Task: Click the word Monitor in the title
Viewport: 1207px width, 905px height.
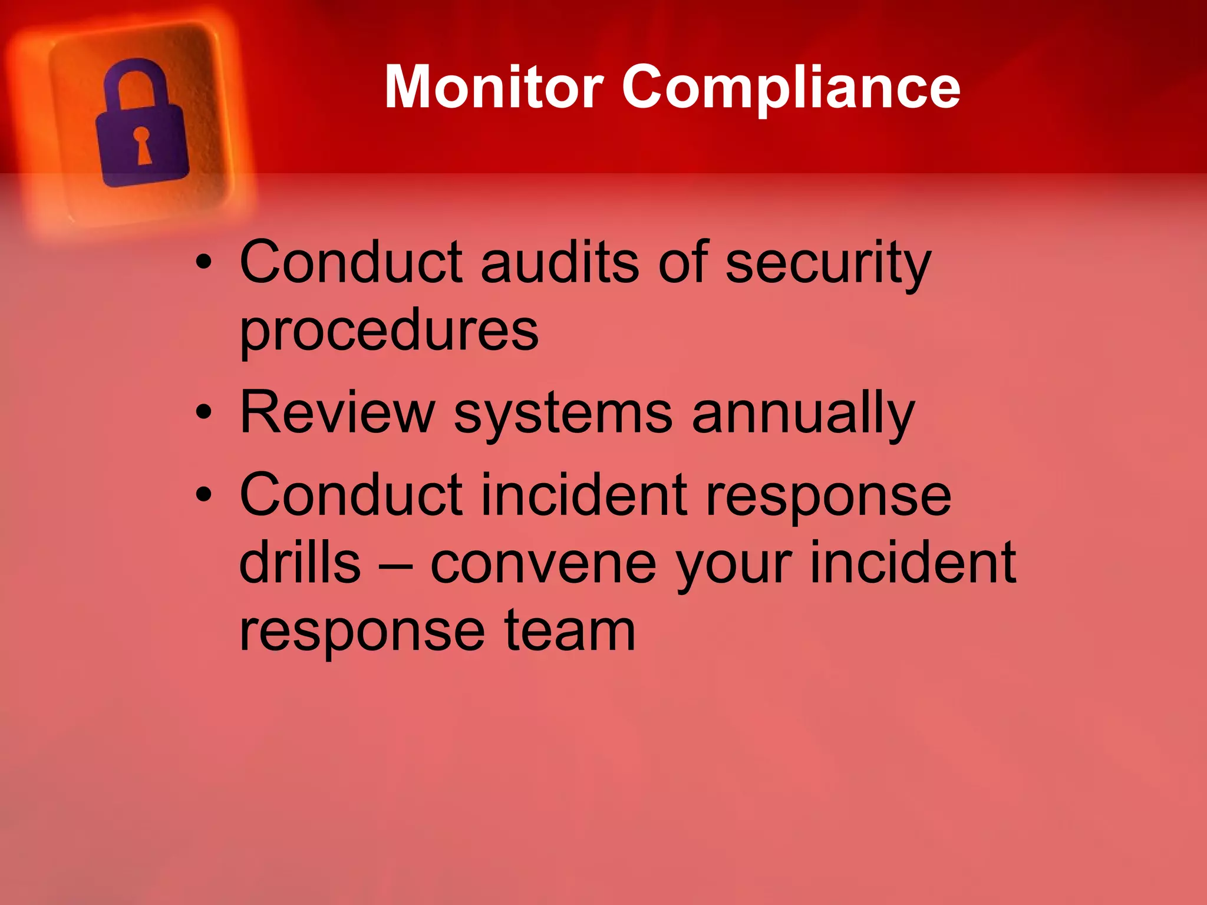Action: pyautogui.click(x=494, y=87)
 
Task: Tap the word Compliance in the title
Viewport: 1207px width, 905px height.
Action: pyautogui.click(x=791, y=88)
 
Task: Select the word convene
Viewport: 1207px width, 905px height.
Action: pyautogui.click(x=543, y=564)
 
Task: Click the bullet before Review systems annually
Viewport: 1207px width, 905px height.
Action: pyautogui.click(x=204, y=413)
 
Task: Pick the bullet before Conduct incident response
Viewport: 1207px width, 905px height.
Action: pyautogui.click(x=204, y=495)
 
